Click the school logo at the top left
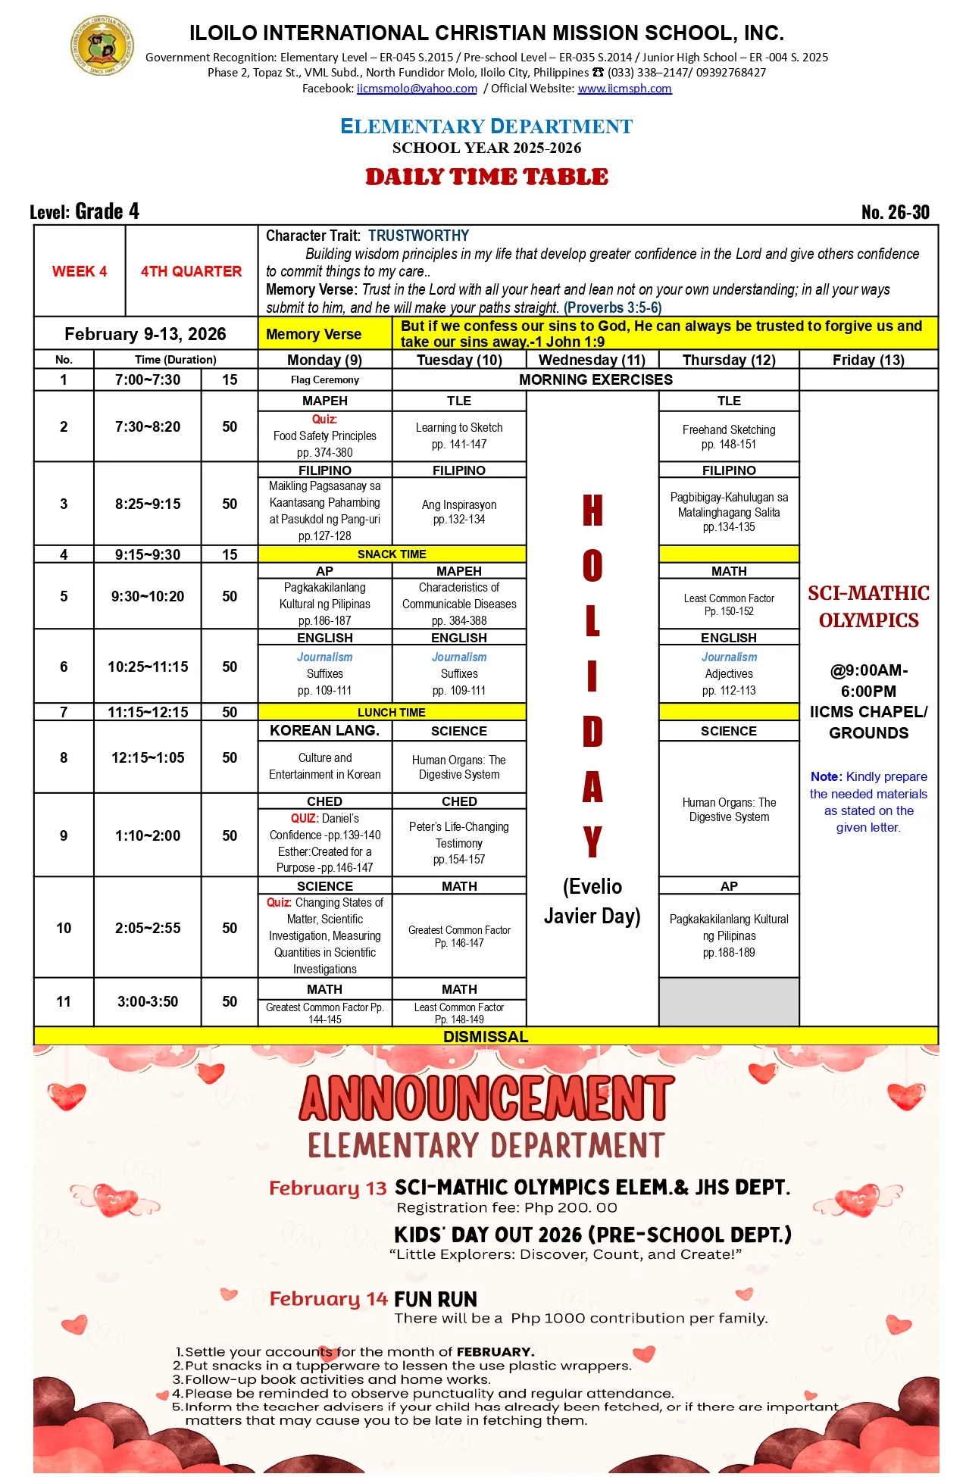point(102,46)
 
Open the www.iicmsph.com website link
point(624,89)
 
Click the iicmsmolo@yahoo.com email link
point(417,89)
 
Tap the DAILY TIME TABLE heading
point(486,177)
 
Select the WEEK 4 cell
point(80,271)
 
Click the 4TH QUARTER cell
point(191,271)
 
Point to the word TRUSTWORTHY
point(418,236)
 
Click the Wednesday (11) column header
point(592,360)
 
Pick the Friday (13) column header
point(868,360)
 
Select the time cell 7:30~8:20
point(148,426)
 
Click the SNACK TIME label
point(392,554)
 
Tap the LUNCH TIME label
point(392,712)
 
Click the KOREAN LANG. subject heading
point(324,730)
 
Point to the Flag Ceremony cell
point(324,379)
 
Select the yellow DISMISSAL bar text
point(486,1036)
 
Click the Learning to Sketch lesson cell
point(459,436)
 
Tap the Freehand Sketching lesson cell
point(729,437)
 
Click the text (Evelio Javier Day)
point(592,901)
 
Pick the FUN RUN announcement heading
point(436,1300)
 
